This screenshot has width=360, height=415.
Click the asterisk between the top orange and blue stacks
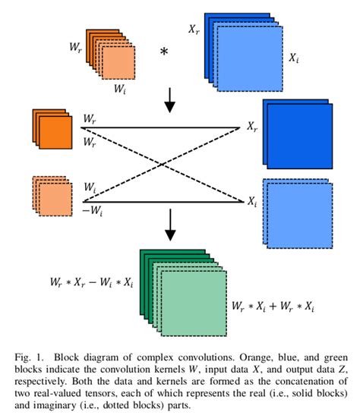point(163,52)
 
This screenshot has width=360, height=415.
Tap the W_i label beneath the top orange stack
point(121,89)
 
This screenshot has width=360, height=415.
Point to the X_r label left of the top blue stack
point(193,28)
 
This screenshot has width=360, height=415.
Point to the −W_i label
point(91,212)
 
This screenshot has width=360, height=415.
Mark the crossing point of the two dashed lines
point(166,165)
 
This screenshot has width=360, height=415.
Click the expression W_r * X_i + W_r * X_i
point(273,308)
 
